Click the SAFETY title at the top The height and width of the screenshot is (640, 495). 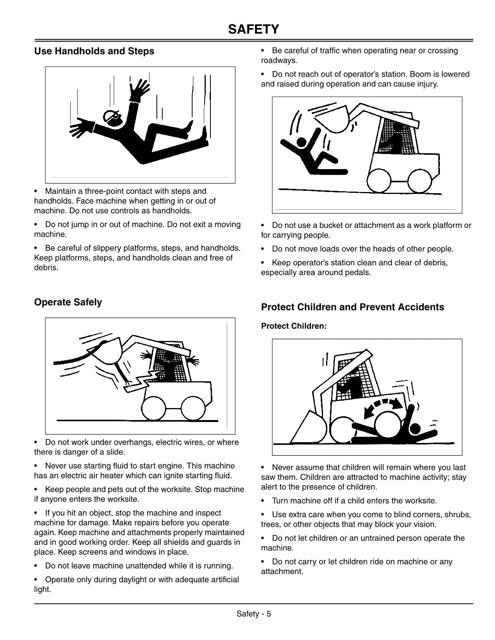[x=254, y=29]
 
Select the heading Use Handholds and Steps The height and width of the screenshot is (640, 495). [x=94, y=51]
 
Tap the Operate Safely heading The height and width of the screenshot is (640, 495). [x=68, y=302]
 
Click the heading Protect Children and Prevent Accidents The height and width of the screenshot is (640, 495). [x=352, y=307]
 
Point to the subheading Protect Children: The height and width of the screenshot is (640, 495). [x=294, y=326]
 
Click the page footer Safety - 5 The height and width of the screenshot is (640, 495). [x=254, y=614]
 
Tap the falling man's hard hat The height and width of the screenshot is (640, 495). [x=111, y=116]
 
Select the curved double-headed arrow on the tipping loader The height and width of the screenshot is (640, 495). [x=383, y=405]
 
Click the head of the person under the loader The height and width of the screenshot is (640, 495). [x=415, y=429]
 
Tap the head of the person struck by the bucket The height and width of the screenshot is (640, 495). [x=301, y=142]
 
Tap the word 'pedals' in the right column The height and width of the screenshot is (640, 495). [x=360, y=273]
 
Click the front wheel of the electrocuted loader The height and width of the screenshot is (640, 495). [x=154, y=408]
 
